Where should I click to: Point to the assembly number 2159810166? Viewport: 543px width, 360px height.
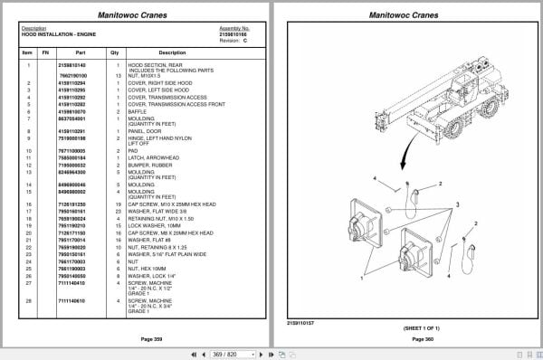point(234,33)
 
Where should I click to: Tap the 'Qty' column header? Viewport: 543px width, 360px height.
point(115,52)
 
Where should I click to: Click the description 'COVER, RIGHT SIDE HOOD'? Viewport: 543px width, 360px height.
point(158,82)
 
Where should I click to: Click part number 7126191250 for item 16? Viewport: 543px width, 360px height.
point(71,204)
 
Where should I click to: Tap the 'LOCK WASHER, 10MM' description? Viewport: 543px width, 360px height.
point(153,223)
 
